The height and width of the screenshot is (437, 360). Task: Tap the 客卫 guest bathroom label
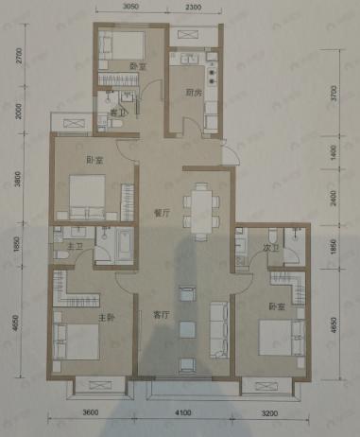116,112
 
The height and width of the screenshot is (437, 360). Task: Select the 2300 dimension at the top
195,8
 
